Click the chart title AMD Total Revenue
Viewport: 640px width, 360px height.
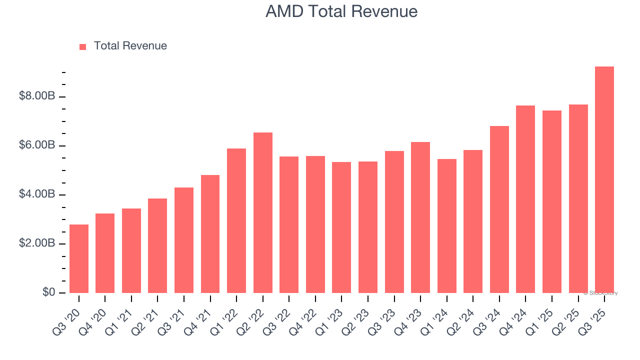[341, 11]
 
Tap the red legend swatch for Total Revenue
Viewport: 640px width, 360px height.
[83, 46]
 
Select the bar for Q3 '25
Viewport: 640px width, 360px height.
[604, 180]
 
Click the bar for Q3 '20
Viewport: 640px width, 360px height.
[79, 258]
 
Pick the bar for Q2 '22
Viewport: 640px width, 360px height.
[263, 212]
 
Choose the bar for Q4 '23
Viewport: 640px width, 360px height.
[420, 217]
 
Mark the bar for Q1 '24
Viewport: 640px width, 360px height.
[447, 226]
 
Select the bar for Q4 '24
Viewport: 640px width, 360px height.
[525, 199]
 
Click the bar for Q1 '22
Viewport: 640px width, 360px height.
[236, 220]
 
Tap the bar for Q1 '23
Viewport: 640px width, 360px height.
[341, 227]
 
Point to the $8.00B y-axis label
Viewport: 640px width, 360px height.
[37, 96]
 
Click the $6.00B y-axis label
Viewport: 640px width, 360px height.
[37, 145]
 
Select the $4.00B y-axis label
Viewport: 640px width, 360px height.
[37, 194]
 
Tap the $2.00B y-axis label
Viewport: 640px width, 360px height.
[37, 243]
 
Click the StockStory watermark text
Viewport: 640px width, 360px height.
[600, 293]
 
